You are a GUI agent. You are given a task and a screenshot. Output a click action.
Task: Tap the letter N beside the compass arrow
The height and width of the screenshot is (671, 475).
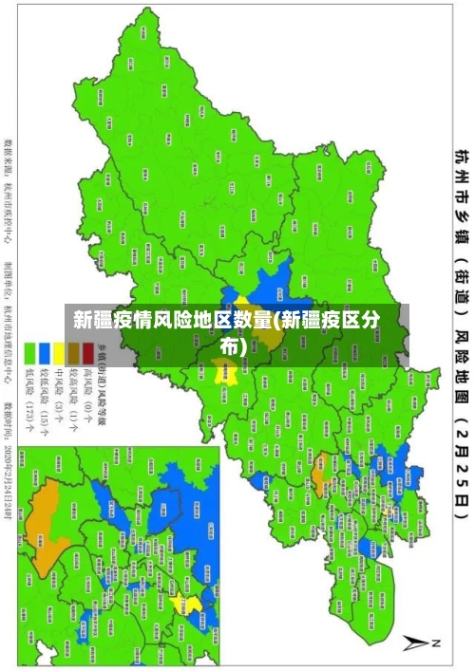point(436,644)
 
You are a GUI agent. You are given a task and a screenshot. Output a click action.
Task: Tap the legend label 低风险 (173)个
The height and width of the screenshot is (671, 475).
point(30,389)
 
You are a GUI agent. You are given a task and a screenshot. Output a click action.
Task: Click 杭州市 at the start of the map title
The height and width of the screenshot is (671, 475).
point(461,176)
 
